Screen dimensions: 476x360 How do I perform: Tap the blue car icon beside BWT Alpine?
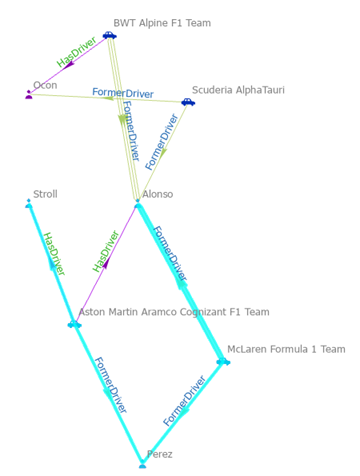tap(109, 35)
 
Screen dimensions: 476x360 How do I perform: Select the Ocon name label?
tap(45, 86)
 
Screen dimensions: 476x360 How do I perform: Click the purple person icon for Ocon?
tap(29, 94)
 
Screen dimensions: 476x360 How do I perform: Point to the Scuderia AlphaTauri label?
tap(238, 90)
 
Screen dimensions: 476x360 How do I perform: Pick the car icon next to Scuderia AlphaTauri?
tap(187, 102)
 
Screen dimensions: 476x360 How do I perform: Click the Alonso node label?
tap(157, 194)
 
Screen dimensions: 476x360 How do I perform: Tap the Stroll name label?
tap(45, 194)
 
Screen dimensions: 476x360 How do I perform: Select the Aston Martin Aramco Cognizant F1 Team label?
tap(174, 312)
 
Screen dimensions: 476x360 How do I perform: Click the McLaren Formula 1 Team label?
tap(286, 349)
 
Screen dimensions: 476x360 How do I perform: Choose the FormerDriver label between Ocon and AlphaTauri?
tap(122, 93)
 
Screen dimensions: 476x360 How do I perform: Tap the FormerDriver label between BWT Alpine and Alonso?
tap(130, 130)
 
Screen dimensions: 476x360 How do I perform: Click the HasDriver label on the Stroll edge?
tap(53, 254)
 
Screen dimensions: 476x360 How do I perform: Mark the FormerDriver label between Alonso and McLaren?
tap(170, 255)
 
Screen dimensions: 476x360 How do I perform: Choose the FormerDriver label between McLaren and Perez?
tap(184, 401)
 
